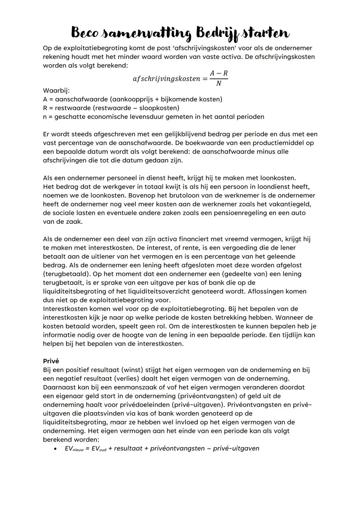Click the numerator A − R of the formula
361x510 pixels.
coord(219,73)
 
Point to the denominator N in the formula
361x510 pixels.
coord(219,83)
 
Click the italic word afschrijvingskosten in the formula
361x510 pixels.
coord(166,79)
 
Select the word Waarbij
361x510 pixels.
coord(56,91)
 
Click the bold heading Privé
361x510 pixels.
coord(51,361)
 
